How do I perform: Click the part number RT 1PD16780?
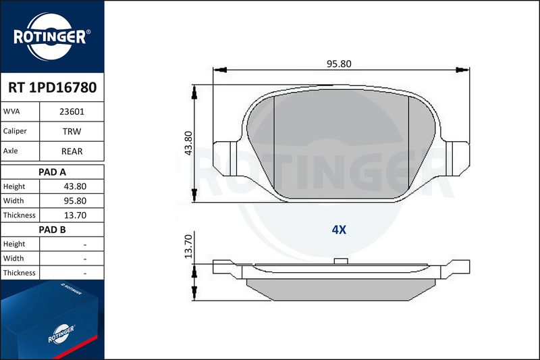[x=53, y=88]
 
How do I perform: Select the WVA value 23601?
[x=72, y=111]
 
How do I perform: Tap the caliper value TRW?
[x=72, y=131]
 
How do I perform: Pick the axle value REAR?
[x=72, y=151]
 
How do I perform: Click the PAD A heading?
[x=52, y=172]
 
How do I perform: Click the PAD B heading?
[x=52, y=230]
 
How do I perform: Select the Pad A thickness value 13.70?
[x=75, y=215]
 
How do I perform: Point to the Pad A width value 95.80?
[x=75, y=201]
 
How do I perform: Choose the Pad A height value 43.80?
[x=75, y=186]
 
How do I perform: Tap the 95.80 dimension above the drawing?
[x=339, y=63]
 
